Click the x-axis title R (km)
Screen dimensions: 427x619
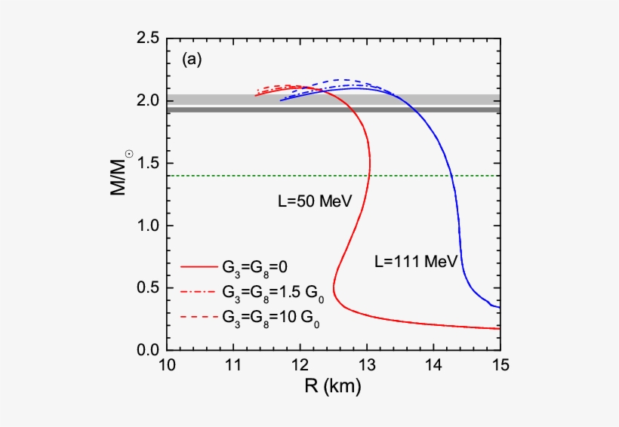333,389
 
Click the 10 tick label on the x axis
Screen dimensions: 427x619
167,367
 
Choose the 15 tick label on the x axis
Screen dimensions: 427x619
500,367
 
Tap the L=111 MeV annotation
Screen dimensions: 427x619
416,262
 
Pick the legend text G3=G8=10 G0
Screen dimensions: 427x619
269,318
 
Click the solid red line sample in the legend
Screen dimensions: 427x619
197,266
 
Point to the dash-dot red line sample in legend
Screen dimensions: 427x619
197,291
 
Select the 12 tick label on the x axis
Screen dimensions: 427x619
300,367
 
